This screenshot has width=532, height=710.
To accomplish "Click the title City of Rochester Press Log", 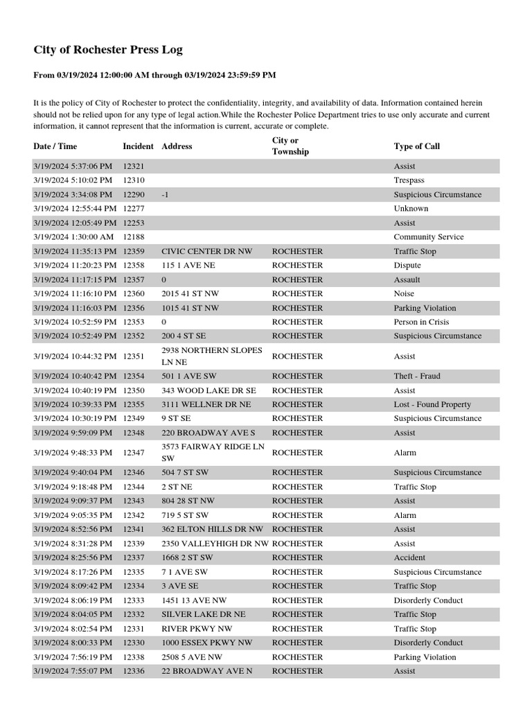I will pos(108,50).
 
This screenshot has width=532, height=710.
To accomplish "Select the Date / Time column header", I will pos(55,146).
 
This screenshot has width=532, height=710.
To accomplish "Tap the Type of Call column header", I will pos(416,146).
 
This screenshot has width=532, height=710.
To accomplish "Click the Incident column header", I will pos(138,146).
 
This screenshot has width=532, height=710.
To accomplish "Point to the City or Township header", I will pos(290,146).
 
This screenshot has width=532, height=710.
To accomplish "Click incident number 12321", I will pos(134,166).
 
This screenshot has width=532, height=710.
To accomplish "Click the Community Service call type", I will pos(428,237).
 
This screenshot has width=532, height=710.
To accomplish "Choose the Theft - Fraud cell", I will pos(416,376).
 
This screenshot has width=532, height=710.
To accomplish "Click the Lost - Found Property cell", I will pos(432,404).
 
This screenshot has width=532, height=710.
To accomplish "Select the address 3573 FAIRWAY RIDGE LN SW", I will pos(213,453).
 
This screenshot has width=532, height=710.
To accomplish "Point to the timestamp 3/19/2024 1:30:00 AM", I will pos(73,237).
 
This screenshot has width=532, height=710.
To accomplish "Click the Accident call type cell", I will pos(409,557).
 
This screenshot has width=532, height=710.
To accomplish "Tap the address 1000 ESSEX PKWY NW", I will pos(206,643).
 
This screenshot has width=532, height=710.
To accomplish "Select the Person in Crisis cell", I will pos(420,322).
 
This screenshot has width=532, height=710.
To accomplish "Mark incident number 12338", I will pos(134,657).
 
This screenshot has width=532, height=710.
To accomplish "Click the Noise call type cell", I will pos(404,293).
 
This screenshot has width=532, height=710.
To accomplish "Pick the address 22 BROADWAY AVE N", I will pos(204,671).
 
